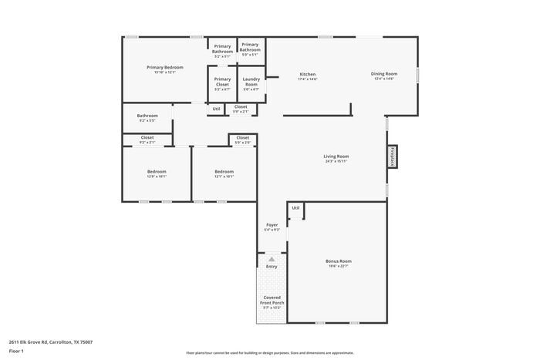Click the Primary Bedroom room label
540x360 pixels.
[165, 68]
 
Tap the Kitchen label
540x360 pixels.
[307, 75]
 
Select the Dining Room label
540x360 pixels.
[383, 75]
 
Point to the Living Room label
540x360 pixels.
[336, 157]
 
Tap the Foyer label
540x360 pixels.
[272, 226]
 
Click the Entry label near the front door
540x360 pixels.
[272, 267]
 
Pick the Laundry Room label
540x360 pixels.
[251, 80]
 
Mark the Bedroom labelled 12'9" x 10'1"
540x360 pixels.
[157, 172]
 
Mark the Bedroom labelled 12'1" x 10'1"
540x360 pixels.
[224, 172]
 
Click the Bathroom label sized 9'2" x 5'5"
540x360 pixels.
[147, 116]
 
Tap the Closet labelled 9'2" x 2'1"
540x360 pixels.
[147, 138]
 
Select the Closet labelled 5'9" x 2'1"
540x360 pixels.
[241, 107]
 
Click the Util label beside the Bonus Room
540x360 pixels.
[295, 208]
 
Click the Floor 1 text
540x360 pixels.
[17, 351]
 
